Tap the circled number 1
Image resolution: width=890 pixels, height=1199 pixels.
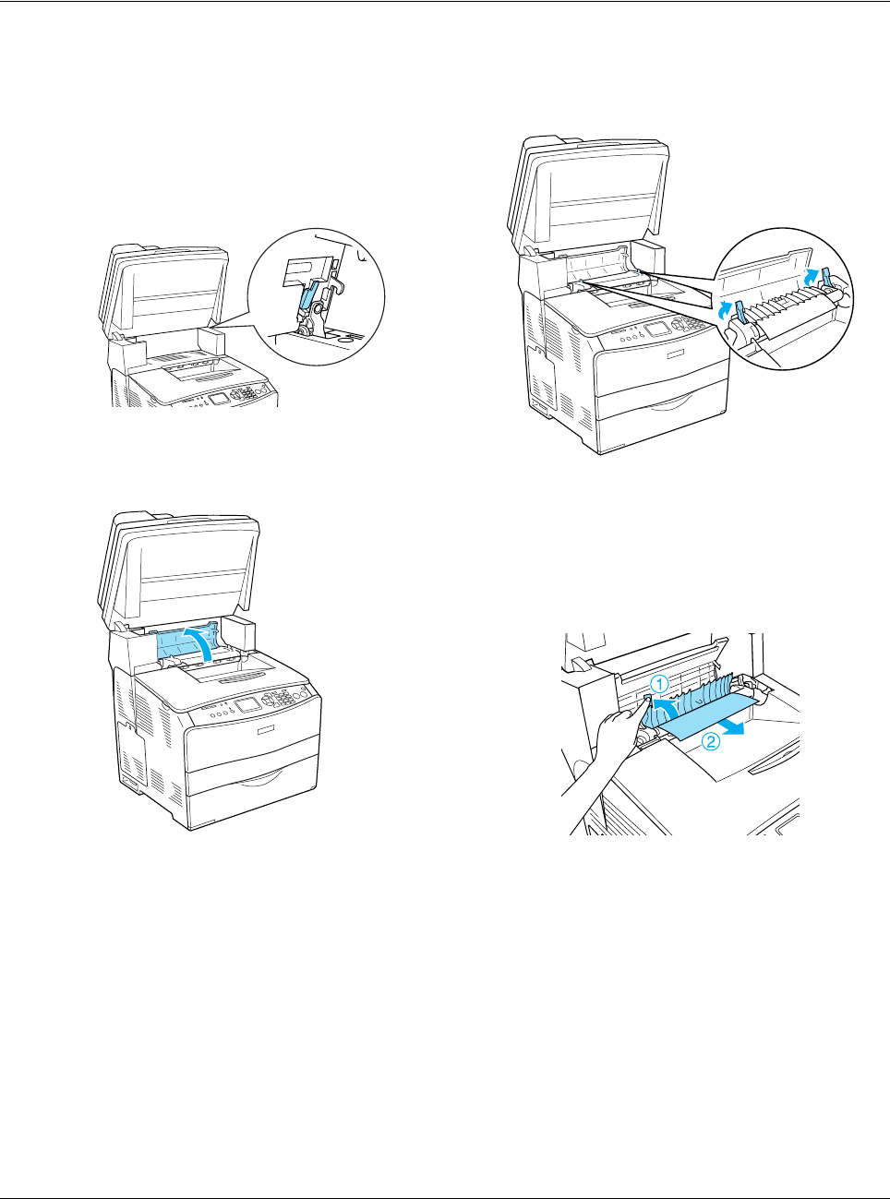coord(660,684)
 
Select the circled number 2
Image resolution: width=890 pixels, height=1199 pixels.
coord(711,742)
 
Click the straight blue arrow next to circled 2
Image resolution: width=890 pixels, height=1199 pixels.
coord(731,727)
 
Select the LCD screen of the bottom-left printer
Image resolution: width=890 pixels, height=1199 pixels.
coord(245,705)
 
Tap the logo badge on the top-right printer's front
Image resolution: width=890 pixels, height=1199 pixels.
coord(676,354)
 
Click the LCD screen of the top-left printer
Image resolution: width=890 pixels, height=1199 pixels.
coord(219,400)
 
